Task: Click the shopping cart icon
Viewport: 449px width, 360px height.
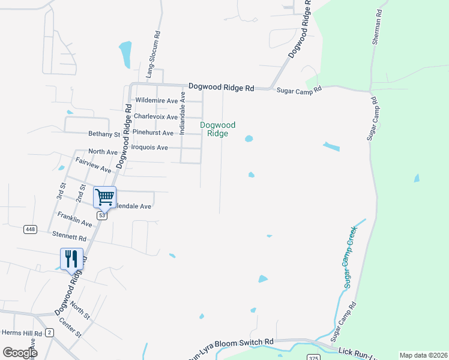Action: point(104,197)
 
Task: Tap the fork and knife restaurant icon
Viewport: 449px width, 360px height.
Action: point(71,259)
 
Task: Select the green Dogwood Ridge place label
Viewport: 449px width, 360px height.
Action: point(217,129)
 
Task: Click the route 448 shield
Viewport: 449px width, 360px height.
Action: point(29,229)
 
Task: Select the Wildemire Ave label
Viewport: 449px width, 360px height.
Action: point(157,101)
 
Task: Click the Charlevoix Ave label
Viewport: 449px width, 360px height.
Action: point(155,116)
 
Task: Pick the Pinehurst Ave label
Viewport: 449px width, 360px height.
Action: point(153,133)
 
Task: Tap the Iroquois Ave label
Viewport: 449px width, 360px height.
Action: point(149,147)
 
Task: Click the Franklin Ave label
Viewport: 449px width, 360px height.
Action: point(74,219)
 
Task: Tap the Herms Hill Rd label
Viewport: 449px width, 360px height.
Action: point(21,333)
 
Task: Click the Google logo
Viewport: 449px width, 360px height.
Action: point(20,353)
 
